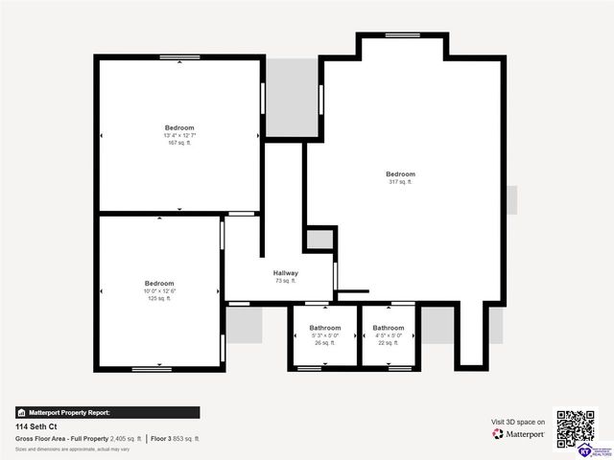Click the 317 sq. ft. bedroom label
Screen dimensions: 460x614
point(401,182)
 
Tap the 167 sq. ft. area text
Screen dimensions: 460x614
point(179,143)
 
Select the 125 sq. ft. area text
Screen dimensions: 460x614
point(159,298)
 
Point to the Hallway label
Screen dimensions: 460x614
point(286,273)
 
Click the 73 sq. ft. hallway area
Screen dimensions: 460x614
point(286,281)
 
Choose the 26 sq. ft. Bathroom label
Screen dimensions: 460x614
point(324,328)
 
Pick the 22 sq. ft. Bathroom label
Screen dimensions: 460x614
point(389,328)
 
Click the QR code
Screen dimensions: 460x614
point(576,430)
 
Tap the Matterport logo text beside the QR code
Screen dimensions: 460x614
point(519,434)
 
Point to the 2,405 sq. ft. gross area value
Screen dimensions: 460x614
point(126,438)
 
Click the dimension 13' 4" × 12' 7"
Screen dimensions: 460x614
point(179,135)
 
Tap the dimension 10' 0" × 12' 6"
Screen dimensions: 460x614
point(159,290)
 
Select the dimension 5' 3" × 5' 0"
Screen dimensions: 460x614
point(324,335)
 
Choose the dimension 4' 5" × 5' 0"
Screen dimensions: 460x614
point(389,335)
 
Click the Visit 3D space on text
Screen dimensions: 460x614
point(518,422)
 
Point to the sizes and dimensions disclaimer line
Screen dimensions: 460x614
point(72,448)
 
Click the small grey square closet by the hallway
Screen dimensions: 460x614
point(319,239)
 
